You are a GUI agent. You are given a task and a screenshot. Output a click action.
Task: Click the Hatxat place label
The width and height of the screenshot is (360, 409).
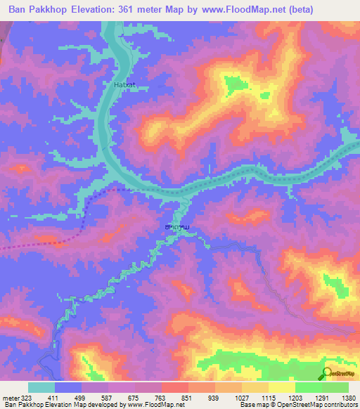pyautogui.click(x=124, y=85)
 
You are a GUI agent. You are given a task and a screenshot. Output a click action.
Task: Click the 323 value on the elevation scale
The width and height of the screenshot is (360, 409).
pyautogui.click(x=25, y=397)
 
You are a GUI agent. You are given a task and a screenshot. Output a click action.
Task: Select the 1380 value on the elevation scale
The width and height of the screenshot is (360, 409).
pyautogui.click(x=349, y=397)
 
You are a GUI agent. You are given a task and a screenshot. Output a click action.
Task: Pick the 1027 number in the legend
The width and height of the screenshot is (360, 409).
pyautogui.click(x=241, y=397)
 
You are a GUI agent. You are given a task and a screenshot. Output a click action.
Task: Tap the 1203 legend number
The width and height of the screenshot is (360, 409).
pyautogui.click(x=295, y=397)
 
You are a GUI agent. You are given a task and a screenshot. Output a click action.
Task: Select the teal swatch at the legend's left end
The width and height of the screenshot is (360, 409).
pyautogui.click(x=41, y=387)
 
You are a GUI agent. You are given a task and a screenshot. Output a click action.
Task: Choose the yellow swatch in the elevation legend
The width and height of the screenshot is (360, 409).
pyautogui.click(x=281, y=387)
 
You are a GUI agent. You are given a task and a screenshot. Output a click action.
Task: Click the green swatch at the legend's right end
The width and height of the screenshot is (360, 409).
pyautogui.click(x=335, y=387)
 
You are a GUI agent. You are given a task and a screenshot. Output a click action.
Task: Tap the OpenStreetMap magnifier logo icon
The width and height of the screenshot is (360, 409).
pyautogui.click(x=326, y=374)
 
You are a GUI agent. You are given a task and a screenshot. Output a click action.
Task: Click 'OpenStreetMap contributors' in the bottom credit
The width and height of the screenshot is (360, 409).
pyautogui.click(x=316, y=405)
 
